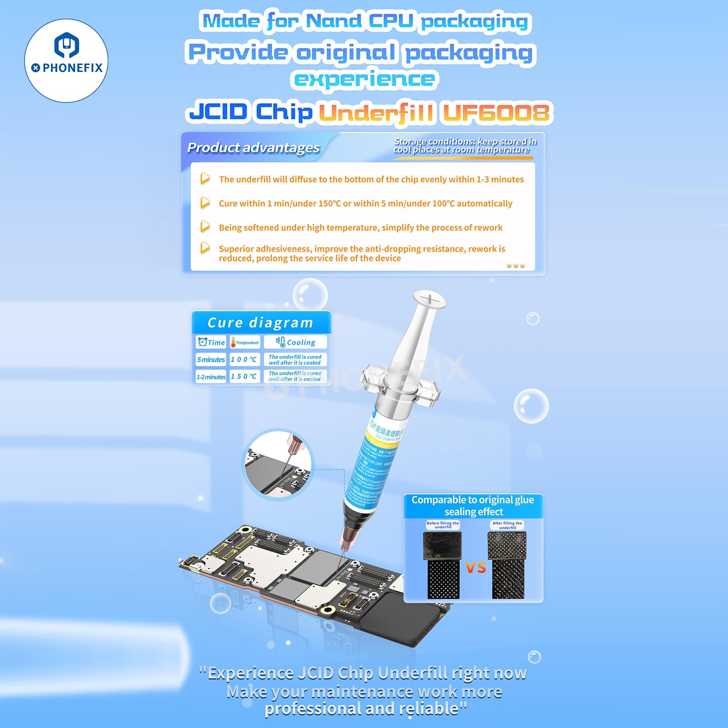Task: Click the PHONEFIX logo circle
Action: click(x=66, y=61)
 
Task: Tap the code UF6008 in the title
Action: click(x=496, y=112)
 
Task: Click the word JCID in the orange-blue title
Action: click(x=218, y=111)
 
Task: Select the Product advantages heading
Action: click(x=253, y=147)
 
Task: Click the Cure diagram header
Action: click(x=260, y=323)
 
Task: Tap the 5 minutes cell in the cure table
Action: click(x=211, y=359)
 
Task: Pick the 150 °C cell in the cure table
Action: click(x=244, y=376)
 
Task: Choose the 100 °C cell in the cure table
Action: click(x=244, y=359)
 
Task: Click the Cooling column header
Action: click(x=295, y=342)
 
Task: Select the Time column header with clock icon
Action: click(x=211, y=342)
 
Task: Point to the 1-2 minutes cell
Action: click(x=211, y=377)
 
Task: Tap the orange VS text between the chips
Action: click(x=475, y=567)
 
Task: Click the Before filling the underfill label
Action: click(x=442, y=525)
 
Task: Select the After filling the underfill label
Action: click(x=507, y=525)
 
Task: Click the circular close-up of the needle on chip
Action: click(x=278, y=464)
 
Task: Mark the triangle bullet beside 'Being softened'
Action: click(x=205, y=226)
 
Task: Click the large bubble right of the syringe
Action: click(x=531, y=406)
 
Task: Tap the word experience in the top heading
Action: click(x=364, y=79)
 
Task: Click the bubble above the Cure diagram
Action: click(x=310, y=294)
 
